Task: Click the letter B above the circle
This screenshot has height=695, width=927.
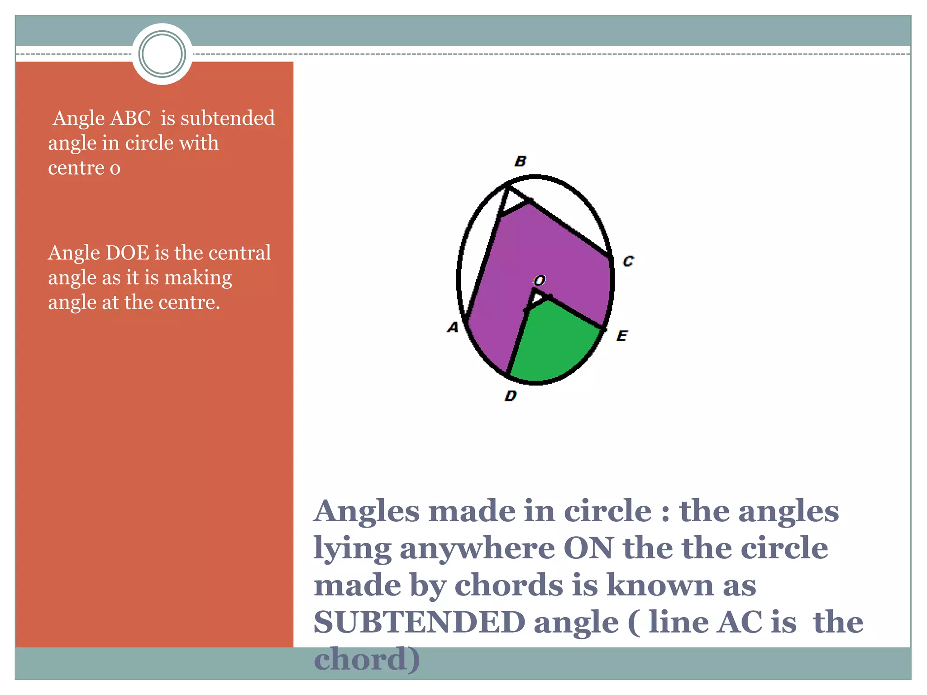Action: pyautogui.click(x=521, y=161)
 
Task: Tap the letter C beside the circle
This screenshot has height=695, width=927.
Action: pyautogui.click(x=628, y=261)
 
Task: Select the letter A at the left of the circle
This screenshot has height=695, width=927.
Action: pyautogui.click(x=453, y=327)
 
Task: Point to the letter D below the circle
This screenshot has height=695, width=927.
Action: pyautogui.click(x=511, y=396)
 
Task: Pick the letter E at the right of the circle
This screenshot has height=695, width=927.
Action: pyautogui.click(x=622, y=336)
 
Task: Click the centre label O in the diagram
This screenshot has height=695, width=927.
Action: pyautogui.click(x=540, y=281)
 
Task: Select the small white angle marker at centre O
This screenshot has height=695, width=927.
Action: pyautogui.click(x=537, y=300)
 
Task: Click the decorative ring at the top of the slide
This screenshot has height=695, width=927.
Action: pyautogui.click(x=162, y=54)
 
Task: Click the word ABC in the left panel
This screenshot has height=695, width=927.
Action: pyautogui.click(x=130, y=119)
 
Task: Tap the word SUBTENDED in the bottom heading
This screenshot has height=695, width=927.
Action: pyautogui.click(x=419, y=622)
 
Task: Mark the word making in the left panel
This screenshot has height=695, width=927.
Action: pyautogui.click(x=198, y=278)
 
